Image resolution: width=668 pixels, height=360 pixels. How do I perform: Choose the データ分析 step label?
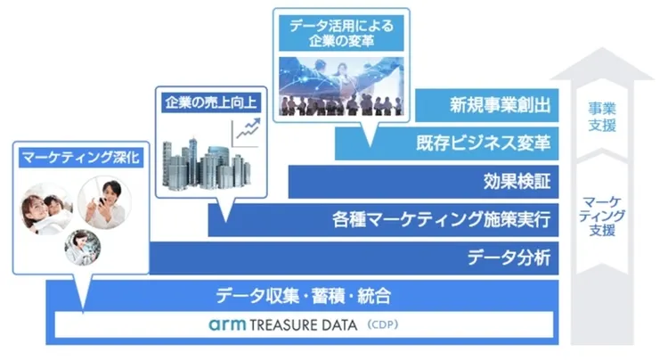click(x=512, y=259)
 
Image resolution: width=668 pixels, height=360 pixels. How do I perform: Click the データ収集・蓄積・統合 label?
click(x=304, y=296)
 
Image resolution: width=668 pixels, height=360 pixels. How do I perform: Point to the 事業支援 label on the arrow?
click(x=603, y=116)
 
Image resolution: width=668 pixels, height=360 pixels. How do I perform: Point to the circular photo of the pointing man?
click(x=105, y=202)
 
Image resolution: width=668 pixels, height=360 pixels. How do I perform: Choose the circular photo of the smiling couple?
click(x=47, y=209)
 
